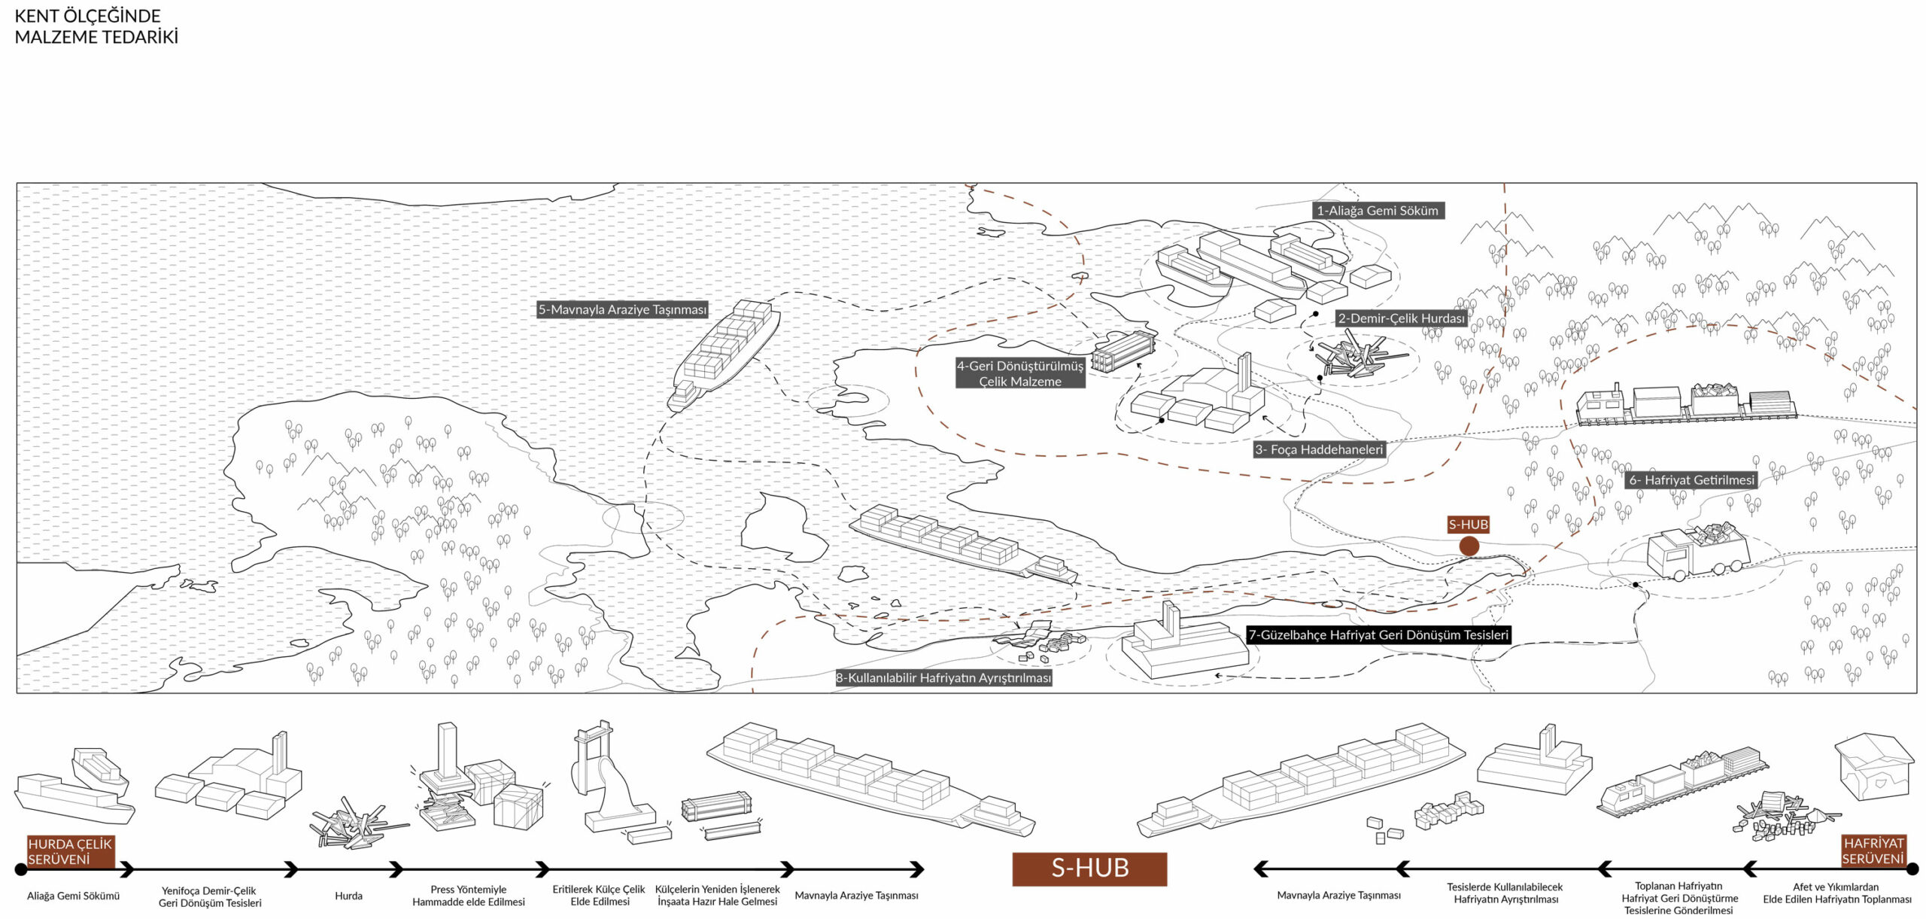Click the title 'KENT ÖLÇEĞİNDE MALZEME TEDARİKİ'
[96, 26]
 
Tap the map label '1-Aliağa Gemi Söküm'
[1378, 211]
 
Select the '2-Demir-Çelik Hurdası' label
[1402, 318]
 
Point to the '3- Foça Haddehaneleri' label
[1319, 449]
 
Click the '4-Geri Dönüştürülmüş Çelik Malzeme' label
[1020, 373]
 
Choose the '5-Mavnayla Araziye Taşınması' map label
[622, 309]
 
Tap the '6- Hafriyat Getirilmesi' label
[1691, 479]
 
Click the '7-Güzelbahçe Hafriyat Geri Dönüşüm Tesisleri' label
[1378, 634]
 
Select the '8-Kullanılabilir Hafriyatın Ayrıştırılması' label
[943, 678]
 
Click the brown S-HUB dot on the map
[1469, 546]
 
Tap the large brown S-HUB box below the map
[1089, 869]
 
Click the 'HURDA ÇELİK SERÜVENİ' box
[70, 851]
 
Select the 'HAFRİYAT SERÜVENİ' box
[1873, 851]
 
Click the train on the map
[1685, 404]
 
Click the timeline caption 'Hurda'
[348, 896]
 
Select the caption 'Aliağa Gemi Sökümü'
[73, 896]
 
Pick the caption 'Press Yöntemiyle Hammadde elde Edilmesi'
[468, 896]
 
